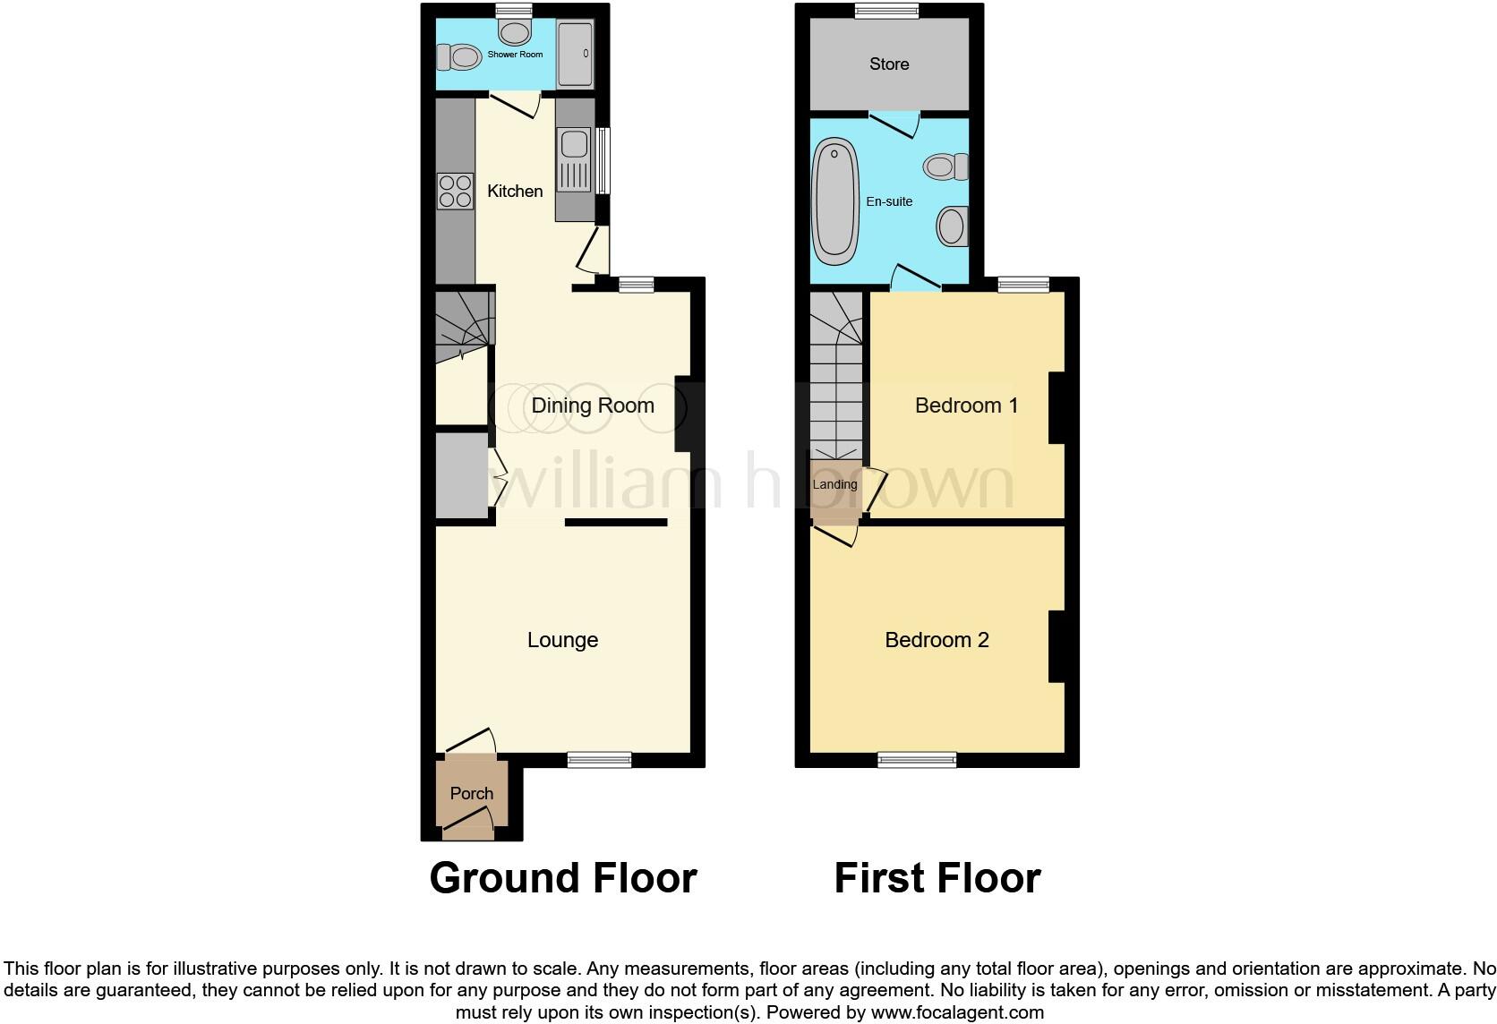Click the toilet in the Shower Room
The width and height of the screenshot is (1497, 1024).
point(458,58)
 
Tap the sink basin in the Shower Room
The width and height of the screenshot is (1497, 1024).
point(514,33)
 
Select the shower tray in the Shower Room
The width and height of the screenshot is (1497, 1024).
point(575,54)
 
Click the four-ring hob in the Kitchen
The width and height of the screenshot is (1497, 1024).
point(455,192)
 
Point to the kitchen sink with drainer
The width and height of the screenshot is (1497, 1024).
point(574,160)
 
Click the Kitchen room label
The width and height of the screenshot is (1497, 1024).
point(515,191)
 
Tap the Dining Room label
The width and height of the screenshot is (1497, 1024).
point(593,405)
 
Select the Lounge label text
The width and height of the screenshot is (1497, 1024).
point(562,640)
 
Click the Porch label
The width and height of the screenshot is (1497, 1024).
point(472,793)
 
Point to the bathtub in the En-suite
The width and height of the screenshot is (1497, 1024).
point(834,201)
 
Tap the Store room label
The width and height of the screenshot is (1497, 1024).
point(889,64)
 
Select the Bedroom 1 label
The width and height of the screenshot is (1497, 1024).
point(967,405)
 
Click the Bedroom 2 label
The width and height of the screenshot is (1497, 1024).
point(937,640)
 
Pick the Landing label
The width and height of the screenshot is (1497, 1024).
point(834,484)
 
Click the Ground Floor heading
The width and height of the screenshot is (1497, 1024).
point(562,878)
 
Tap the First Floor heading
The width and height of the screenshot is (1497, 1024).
point(937,878)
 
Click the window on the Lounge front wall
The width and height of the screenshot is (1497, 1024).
point(599,760)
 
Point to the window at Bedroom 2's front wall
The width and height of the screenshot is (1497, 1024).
point(917,760)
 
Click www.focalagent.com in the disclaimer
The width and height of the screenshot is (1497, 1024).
point(957,1013)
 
